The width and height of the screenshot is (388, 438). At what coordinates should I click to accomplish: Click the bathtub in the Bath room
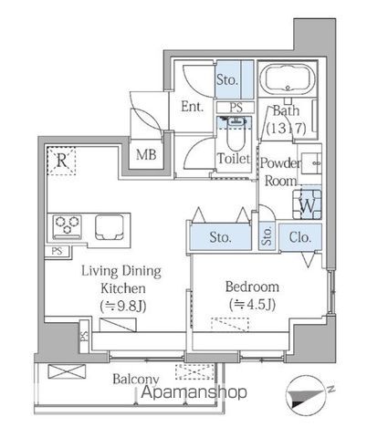[x=288, y=78]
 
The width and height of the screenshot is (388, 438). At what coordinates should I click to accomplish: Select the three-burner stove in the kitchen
[x=67, y=226]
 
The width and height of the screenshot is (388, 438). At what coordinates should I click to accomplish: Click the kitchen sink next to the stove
[x=110, y=227]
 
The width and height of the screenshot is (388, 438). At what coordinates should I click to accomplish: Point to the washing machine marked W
[x=308, y=204]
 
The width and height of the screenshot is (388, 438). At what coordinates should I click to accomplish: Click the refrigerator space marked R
[x=61, y=161]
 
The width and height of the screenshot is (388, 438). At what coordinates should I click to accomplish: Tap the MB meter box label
[x=146, y=155]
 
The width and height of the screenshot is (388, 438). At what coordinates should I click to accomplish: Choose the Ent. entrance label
[x=192, y=107]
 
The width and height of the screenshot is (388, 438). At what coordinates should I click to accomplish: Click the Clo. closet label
[x=300, y=237]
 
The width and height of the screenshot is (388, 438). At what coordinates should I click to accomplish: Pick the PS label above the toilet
[x=236, y=107]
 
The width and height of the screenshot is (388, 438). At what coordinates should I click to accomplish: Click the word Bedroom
[x=252, y=287]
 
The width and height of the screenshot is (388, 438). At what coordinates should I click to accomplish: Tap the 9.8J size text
[x=123, y=306]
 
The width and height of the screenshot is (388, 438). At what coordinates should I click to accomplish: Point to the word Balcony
[x=136, y=379]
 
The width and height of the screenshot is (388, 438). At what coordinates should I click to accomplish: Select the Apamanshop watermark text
[x=194, y=392]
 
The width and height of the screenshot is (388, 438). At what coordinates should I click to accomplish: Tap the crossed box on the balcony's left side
[x=67, y=371]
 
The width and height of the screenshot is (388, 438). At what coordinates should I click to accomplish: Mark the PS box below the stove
[x=57, y=251]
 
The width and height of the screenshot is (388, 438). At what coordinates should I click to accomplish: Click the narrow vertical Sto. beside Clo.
[x=267, y=236]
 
